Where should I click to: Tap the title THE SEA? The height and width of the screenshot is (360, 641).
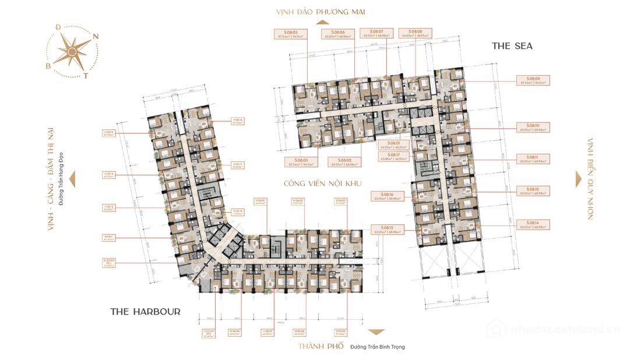[x=512, y=45]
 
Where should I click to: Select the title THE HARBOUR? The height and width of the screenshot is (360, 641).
[x=145, y=312]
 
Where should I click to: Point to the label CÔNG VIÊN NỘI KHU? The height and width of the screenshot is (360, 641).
[x=322, y=183]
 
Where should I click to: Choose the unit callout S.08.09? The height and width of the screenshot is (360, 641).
[x=533, y=80]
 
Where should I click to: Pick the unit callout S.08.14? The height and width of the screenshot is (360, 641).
[x=533, y=225]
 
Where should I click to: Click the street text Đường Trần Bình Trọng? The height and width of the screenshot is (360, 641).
[x=377, y=347]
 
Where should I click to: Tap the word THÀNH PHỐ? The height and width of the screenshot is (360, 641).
[x=320, y=346]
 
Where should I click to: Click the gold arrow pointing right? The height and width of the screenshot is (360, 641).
[x=578, y=179]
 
